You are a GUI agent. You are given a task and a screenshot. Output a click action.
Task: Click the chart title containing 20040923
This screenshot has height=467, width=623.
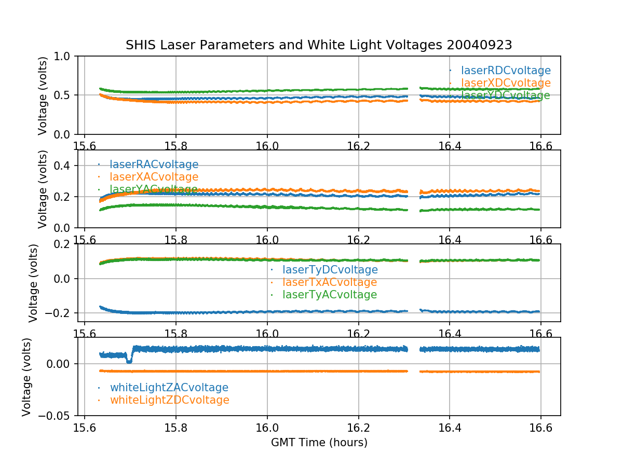pos(319,45)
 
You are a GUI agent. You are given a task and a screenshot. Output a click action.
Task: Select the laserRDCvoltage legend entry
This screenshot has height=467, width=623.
pos(506,71)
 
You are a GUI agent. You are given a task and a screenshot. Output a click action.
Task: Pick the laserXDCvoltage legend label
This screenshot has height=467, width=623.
pos(506,83)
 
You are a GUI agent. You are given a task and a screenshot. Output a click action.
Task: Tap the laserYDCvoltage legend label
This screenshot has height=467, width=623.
pos(505,95)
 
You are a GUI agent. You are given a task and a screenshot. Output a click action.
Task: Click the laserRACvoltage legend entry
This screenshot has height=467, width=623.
pos(154,164)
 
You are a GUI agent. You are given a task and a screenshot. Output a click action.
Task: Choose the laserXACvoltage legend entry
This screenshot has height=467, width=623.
pos(154,177)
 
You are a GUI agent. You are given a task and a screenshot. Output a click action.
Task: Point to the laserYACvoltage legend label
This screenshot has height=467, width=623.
pos(154,189)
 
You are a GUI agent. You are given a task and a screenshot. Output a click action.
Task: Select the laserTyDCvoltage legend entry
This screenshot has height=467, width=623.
pos(330,270)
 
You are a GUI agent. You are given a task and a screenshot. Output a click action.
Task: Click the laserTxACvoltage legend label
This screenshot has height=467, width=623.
pos(330,282)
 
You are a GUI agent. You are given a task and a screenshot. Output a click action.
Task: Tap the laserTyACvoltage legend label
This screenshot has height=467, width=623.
pos(330,295)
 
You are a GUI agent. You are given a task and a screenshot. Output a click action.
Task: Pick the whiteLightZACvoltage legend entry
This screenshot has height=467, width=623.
pos(169,388)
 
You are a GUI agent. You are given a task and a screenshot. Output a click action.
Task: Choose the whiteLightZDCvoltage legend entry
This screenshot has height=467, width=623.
pos(170,400)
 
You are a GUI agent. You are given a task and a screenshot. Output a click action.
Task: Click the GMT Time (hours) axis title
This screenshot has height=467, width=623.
pos(319,443)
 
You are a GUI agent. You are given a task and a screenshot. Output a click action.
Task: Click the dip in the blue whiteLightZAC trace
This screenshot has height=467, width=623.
pos(129,361)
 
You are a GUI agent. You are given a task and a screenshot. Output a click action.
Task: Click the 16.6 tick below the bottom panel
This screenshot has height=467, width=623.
pos(540,428)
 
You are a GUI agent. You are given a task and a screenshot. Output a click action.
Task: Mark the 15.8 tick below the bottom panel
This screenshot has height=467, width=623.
pos(176,428)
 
